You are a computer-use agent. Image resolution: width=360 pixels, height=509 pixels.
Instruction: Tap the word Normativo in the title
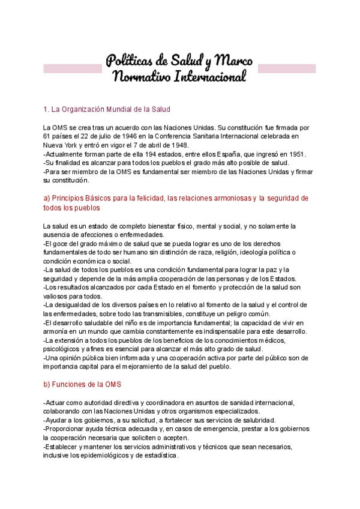click(x=142, y=77)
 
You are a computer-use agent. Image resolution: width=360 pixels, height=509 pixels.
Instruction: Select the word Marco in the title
click(x=233, y=61)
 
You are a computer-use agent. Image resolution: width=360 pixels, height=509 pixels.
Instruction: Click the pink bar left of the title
click(x=72, y=68)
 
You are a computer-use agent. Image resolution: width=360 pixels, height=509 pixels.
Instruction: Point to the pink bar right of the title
click(x=286, y=68)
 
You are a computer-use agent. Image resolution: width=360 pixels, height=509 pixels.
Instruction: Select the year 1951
click(x=296, y=154)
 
